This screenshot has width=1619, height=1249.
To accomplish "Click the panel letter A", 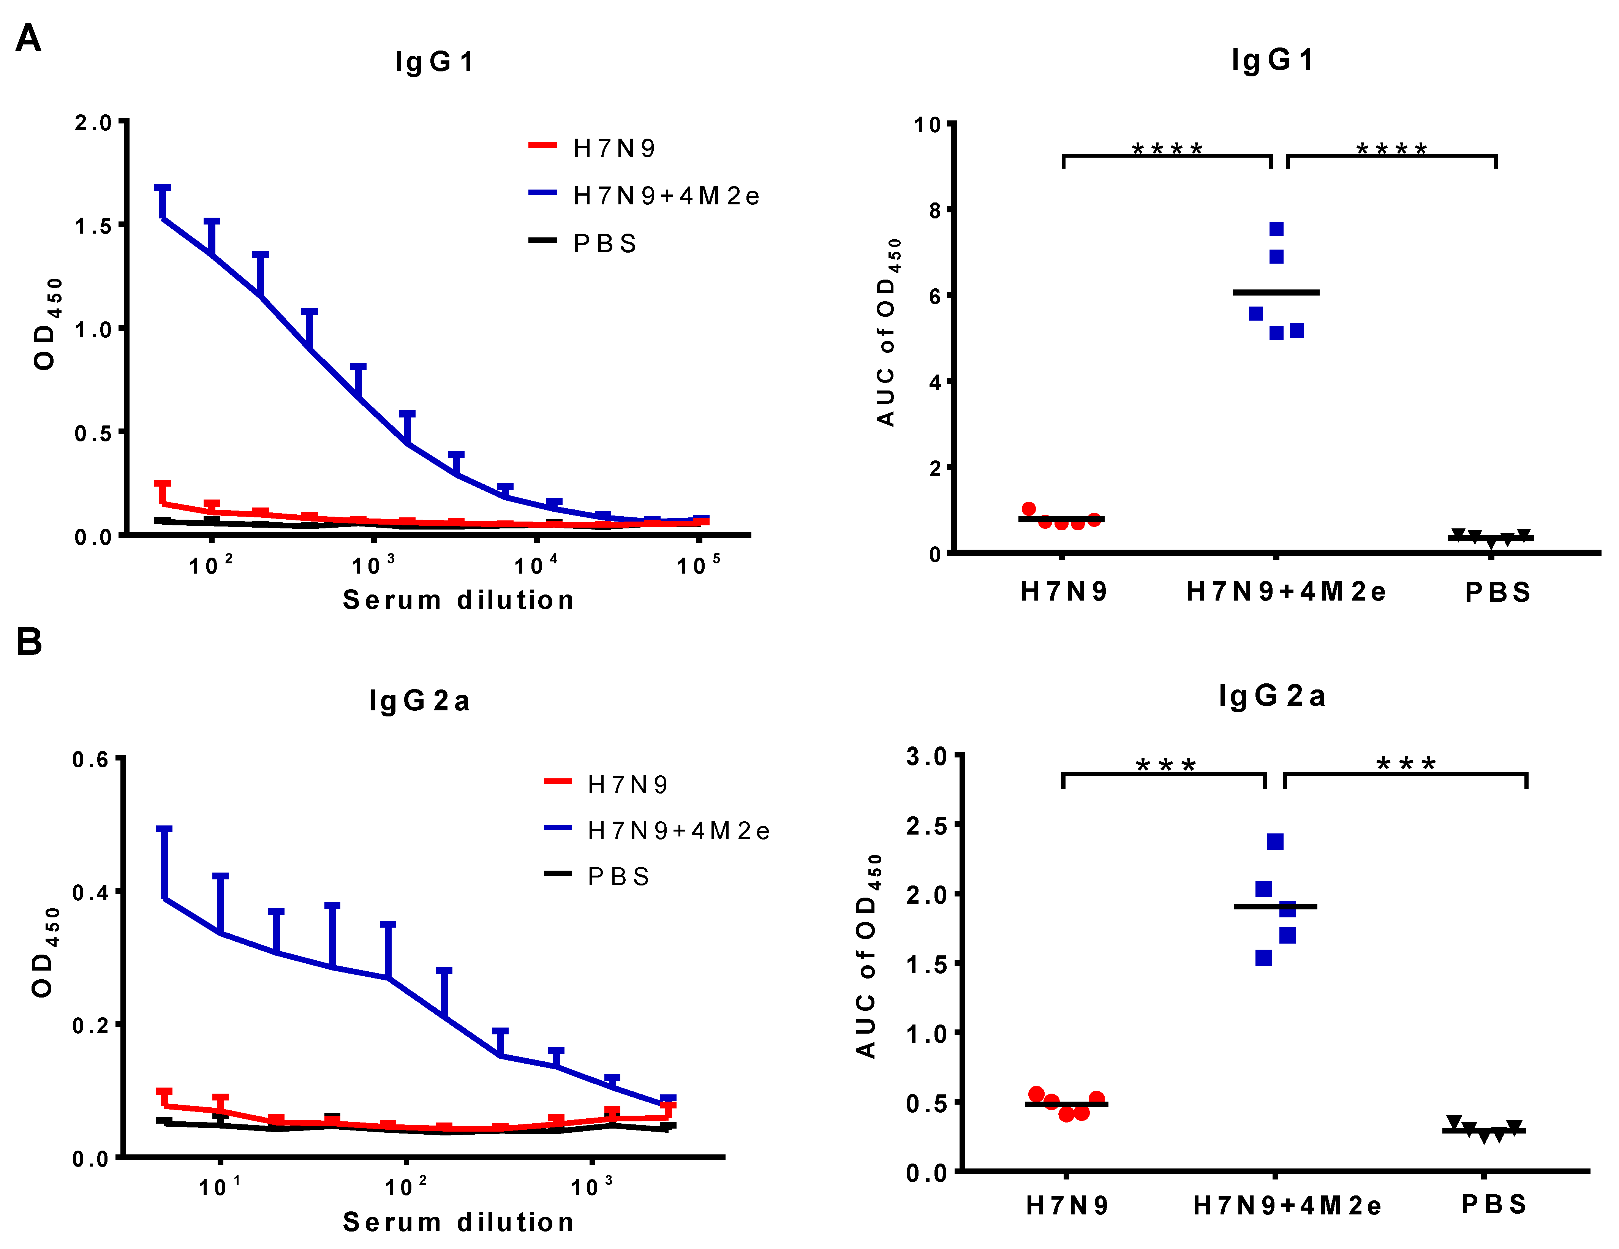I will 28,38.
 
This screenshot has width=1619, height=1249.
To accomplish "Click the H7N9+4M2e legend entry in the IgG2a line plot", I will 678,831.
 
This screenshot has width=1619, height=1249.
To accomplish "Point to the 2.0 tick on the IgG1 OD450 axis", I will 93,123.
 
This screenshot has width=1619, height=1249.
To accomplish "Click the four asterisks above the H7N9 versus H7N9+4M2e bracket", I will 1167,150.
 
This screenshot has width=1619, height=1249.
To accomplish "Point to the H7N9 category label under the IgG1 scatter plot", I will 1064,591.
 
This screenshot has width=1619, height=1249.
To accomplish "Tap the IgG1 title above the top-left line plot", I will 435,62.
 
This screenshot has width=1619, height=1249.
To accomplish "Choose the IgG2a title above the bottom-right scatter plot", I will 1272,696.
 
